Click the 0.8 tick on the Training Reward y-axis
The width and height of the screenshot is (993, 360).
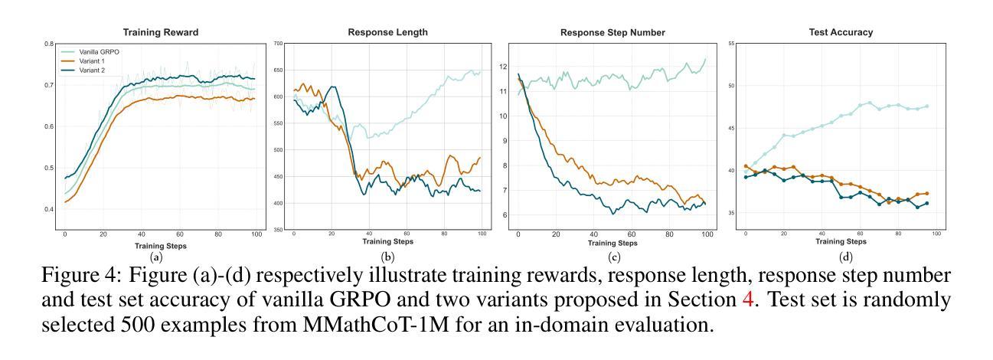pyautogui.click(x=50, y=44)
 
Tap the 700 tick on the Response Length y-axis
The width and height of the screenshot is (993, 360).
pyautogui.click(x=278, y=44)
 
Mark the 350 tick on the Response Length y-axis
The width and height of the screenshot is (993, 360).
pyautogui.click(x=278, y=230)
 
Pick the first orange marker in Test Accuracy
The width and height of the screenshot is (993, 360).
pyautogui.click(x=746, y=166)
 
